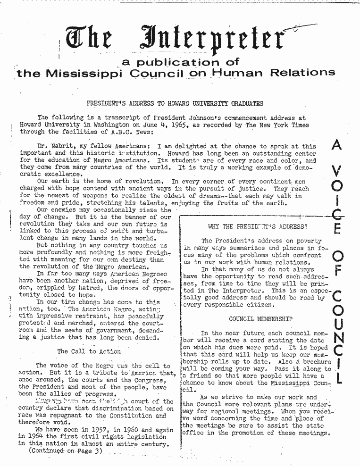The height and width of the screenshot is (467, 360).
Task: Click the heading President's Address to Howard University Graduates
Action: (x=175, y=103)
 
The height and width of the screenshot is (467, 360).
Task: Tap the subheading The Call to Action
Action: (x=89, y=351)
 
